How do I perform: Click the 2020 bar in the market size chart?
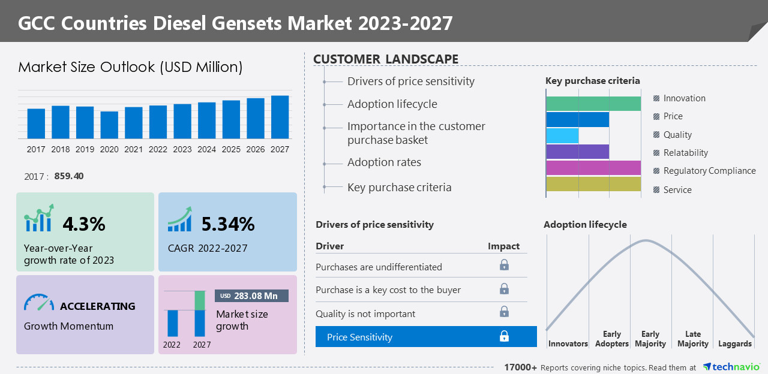(109, 125)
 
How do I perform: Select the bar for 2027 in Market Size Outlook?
(280, 117)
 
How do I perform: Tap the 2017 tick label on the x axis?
(36, 149)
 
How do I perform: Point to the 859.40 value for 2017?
(69, 176)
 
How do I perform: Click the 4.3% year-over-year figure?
(84, 224)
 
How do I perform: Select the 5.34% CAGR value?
(228, 224)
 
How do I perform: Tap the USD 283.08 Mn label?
(251, 295)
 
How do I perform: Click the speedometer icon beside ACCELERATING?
(39, 303)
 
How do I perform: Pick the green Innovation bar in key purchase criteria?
(593, 104)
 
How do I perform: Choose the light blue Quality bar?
(562, 135)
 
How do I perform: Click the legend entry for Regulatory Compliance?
(709, 171)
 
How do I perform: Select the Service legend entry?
(677, 190)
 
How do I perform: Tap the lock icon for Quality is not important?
(504, 312)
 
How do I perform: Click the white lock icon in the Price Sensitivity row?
(504, 337)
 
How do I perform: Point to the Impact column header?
(503, 246)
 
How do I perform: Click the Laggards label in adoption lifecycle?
(734, 343)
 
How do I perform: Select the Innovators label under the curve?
(568, 343)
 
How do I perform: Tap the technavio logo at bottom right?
(731, 367)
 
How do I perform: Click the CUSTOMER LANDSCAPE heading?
(386, 59)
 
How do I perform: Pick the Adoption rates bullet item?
(384, 162)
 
